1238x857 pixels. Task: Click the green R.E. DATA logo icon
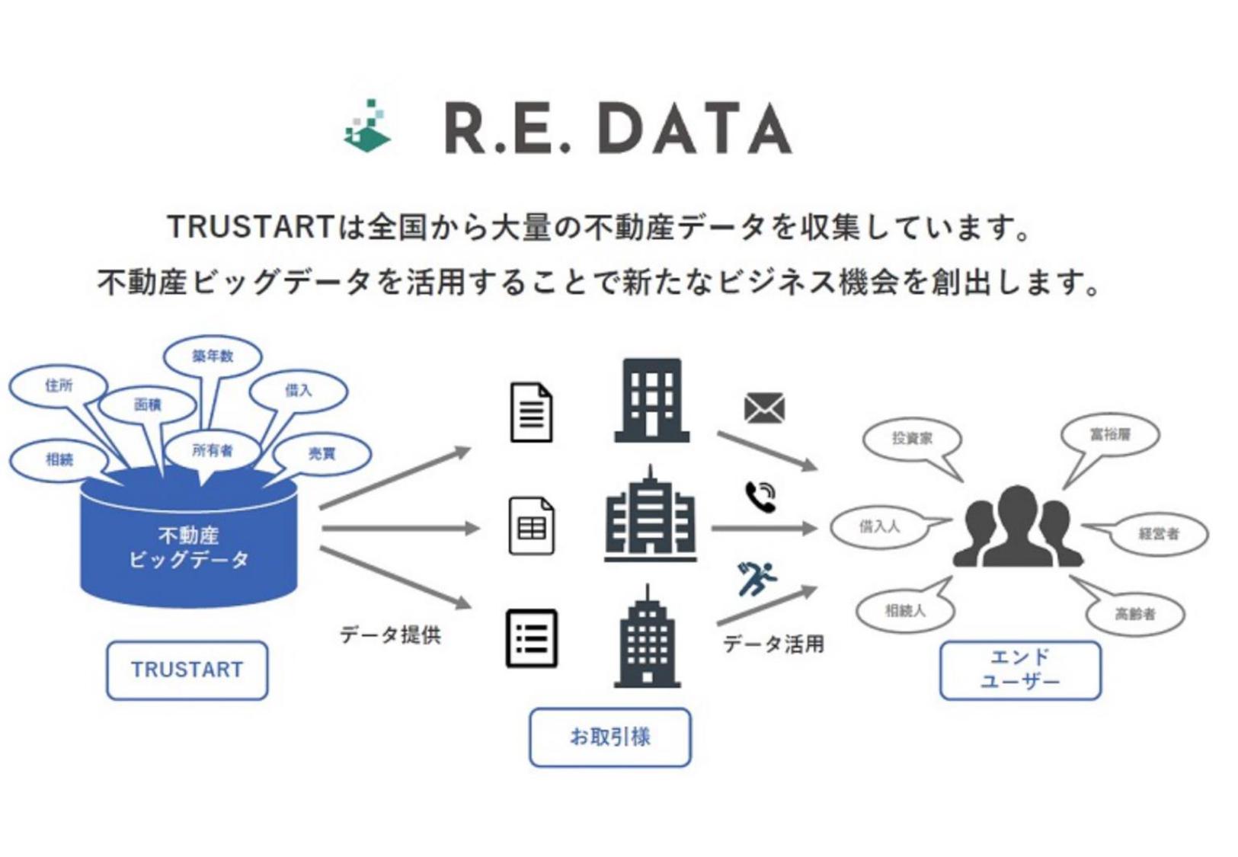point(369,126)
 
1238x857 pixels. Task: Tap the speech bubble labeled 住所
point(59,385)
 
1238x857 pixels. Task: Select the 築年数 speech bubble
point(213,356)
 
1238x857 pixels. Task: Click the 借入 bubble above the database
point(299,390)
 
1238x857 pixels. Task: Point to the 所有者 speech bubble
point(212,450)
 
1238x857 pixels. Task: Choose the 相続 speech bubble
point(59,459)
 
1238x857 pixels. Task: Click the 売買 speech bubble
point(321,453)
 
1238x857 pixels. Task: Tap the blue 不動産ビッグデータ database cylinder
point(188,545)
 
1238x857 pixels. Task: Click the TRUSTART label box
point(187,670)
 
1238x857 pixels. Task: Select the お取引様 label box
point(609,737)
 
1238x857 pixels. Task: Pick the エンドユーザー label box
point(1020,670)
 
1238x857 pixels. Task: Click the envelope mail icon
point(764,408)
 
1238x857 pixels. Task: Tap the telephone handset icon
point(760,497)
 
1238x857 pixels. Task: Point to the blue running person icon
point(757,578)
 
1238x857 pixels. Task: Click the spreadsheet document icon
point(531,526)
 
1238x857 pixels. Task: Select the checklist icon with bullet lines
point(532,638)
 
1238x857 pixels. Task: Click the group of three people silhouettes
point(1017,527)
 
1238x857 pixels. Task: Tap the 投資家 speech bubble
point(912,439)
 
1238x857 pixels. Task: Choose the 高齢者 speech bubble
point(1135,613)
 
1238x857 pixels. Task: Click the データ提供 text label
point(390,634)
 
